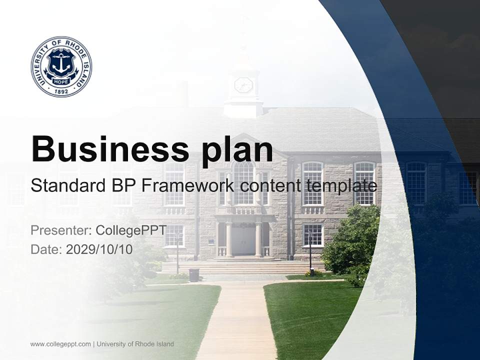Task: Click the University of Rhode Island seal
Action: pyautogui.click(x=61, y=66)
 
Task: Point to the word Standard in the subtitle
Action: pyautogui.click(x=66, y=186)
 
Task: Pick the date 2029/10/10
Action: pyautogui.click(x=99, y=249)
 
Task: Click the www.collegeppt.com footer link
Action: pyautogui.click(x=60, y=344)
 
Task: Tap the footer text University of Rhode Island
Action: pyautogui.click(x=135, y=344)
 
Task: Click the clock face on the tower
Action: pyautogui.click(x=243, y=85)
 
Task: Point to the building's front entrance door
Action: pyautogui.click(x=243, y=241)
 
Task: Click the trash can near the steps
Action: pyautogui.click(x=194, y=274)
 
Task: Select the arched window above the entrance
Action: pyautogui.click(x=243, y=182)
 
